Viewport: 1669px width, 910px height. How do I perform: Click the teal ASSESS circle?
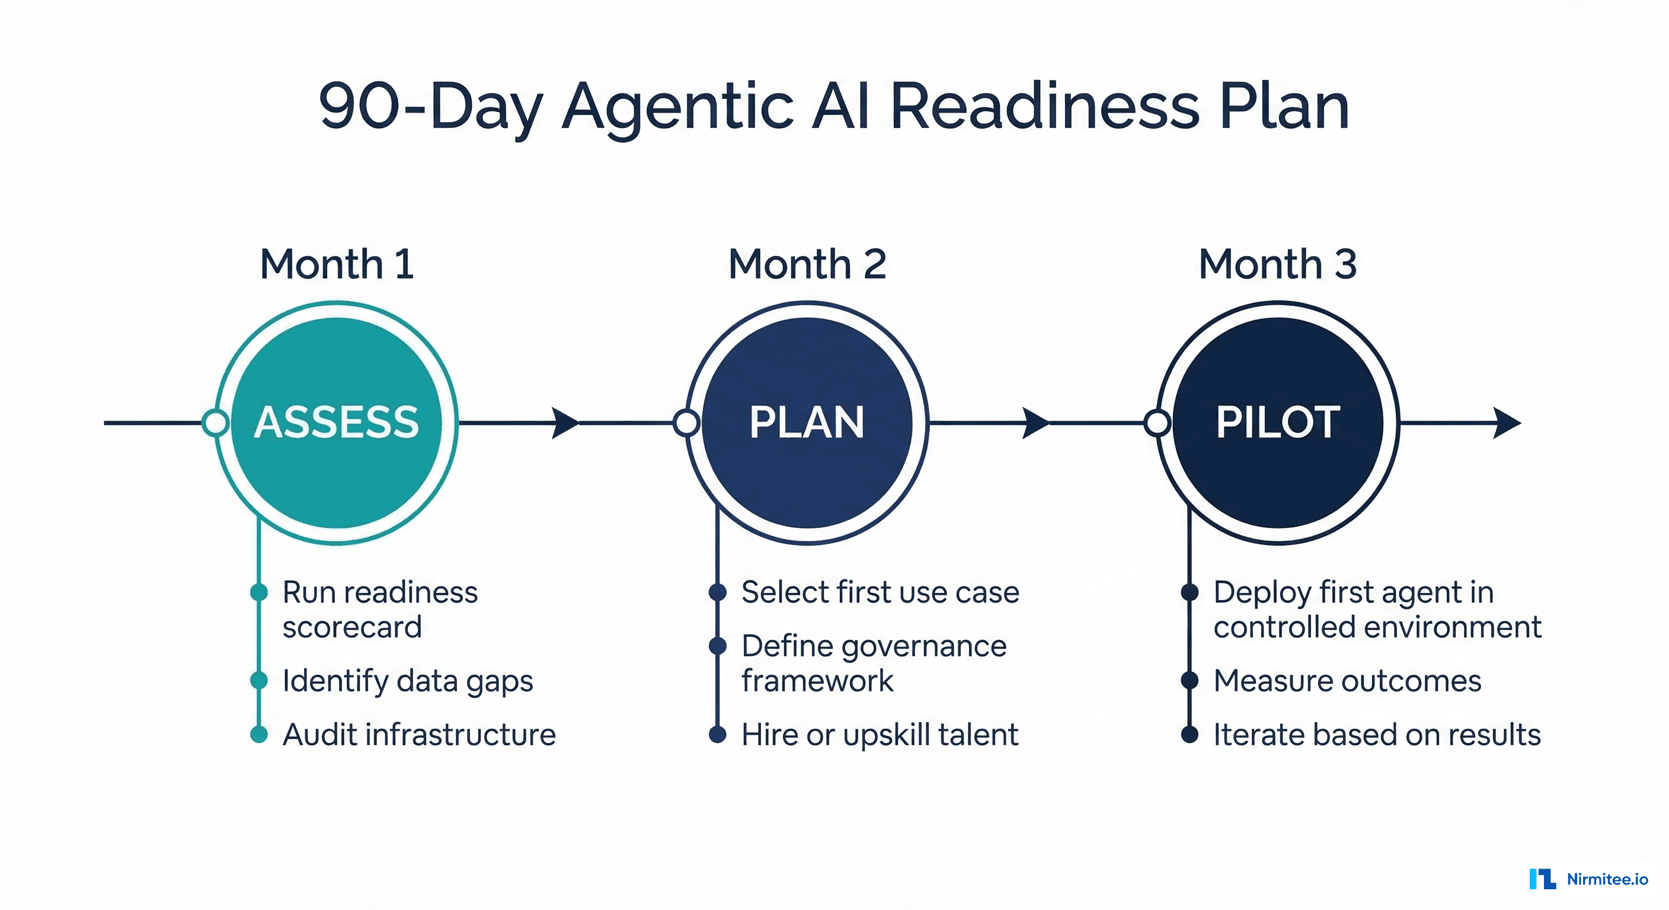click(x=336, y=422)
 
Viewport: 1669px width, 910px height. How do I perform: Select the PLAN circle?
click(x=807, y=422)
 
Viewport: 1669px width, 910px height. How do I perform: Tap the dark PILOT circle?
click(x=1278, y=422)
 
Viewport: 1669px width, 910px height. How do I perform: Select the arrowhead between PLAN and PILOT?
click(x=1035, y=423)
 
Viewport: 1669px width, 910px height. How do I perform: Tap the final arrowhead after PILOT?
click(x=1507, y=423)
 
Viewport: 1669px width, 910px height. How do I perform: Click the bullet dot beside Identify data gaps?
click(x=259, y=680)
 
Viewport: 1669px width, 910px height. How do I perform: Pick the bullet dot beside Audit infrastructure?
click(x=259, y=734)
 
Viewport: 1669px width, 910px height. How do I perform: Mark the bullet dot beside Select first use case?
click(x=717, y=592)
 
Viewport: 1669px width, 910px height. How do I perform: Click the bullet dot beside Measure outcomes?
click(x=1190, y=680)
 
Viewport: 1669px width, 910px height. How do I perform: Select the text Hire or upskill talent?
click(x=879, y=735)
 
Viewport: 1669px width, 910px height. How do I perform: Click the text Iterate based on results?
click(x=1377, y=735)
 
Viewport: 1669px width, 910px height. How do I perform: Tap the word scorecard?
click(x=352, y=627)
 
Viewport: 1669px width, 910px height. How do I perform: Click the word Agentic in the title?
click(x=677, y=106)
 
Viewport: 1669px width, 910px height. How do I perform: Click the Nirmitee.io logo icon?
click(x=1542, y=879)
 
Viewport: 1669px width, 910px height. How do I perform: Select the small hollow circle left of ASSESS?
click(x=216, y=423)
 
